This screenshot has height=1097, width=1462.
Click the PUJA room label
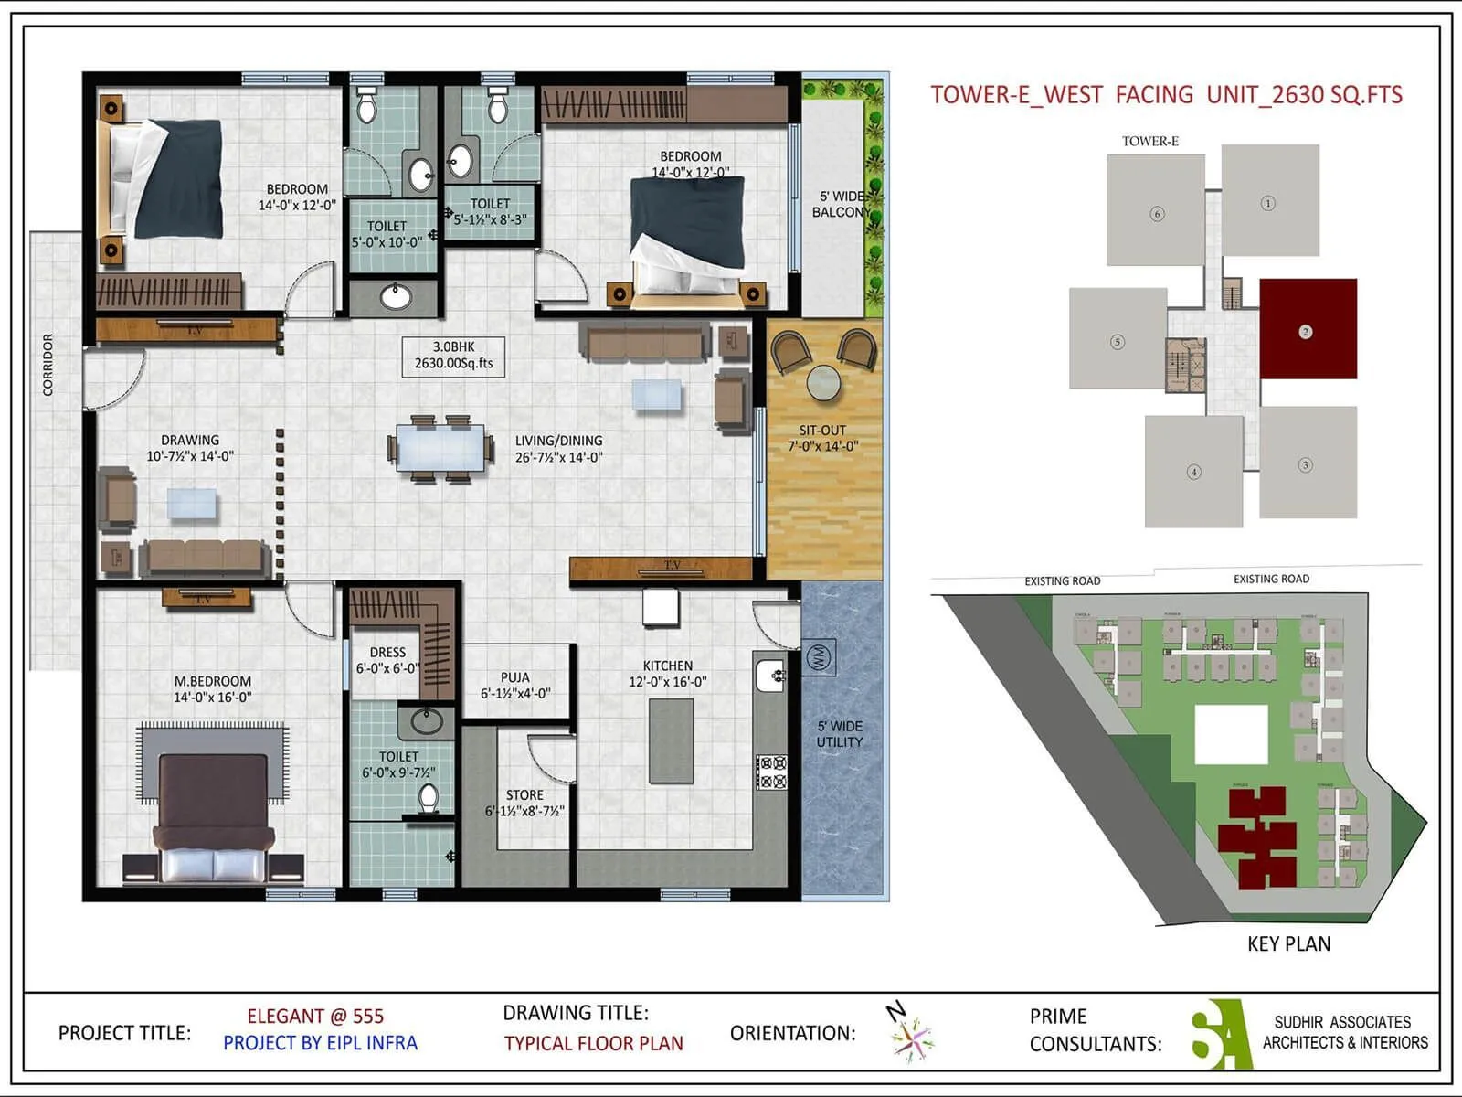pyautogui.click(x=515, y=685)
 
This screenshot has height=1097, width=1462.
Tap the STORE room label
pyautogui.click(x=524, y=803)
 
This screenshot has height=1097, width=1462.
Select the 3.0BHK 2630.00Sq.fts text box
pyautogui.click(x=453, y=355)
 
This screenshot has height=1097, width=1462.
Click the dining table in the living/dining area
pyautogui.click(x=440, y=449)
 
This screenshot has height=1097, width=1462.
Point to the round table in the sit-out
pyautogui.click(x=824, y=383)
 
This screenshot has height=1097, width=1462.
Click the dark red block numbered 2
pyautogui.click(x=1308, y=329)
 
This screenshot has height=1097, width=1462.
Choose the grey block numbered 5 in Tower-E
pyautogui.click(x=1118, y=339)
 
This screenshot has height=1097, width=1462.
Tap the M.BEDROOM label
pyautogui.click(x=212, y=688)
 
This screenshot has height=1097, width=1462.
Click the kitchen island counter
pyautogui.click(x=671, y=740)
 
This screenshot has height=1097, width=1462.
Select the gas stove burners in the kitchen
pyautogui.click(x=771, y=772)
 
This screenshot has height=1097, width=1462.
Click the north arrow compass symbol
pyautogui.click(x=909, y=1033)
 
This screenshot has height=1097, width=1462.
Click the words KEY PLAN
pyautogui.click(x=1288, y=943)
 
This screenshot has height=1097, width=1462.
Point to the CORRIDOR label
pyautogui.click(x=48, y=364)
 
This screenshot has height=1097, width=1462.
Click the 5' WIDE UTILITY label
pyautogui.click(x=840, y=734)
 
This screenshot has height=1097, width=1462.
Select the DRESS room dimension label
pyautogui.click(x=387, y=668)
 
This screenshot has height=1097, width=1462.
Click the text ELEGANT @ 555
pyautogui.click(x=315, y=1016)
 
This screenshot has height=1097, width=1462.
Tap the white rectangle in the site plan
pyautogui.click(x=1231, y=734)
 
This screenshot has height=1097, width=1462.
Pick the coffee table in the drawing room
pyautogui.click(x=192, y=504)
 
